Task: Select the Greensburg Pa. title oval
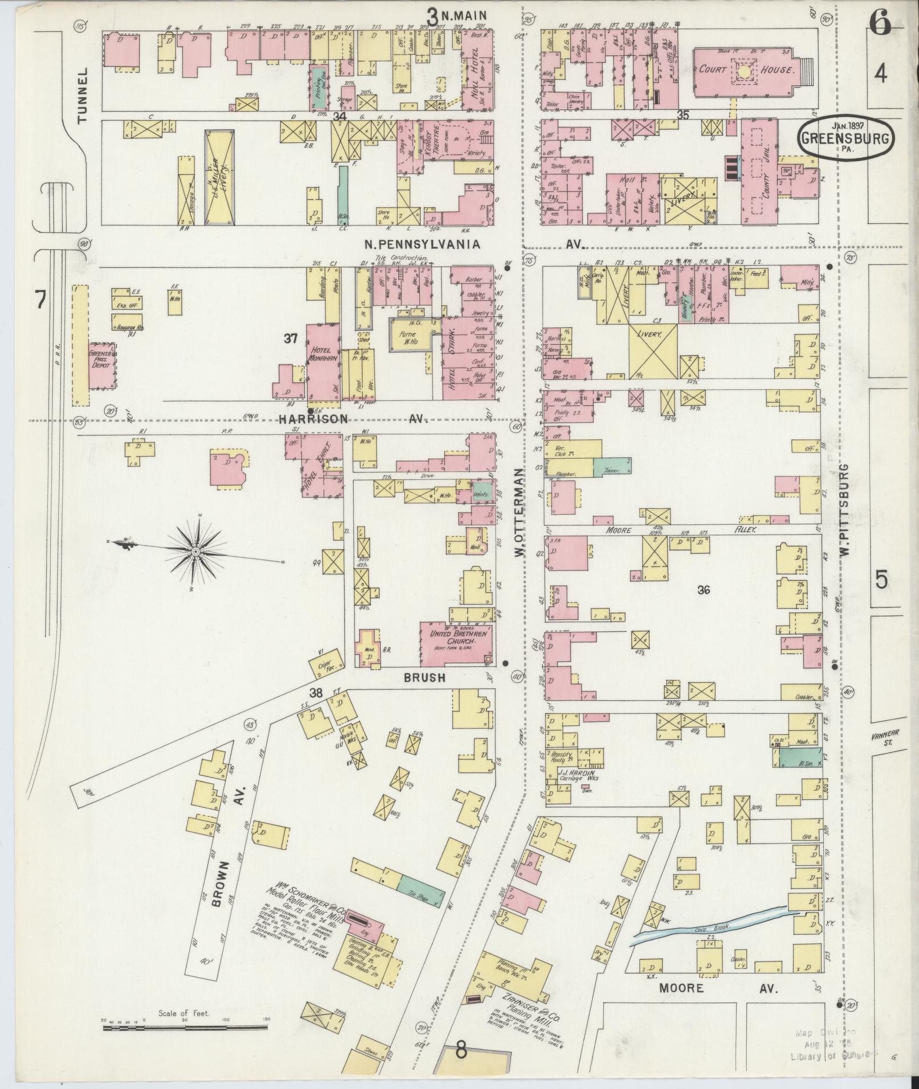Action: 846,137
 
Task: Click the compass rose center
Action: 195,551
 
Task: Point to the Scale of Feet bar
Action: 185,1028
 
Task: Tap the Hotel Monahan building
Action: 323,364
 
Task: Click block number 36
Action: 704,590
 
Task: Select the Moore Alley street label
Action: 684,529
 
